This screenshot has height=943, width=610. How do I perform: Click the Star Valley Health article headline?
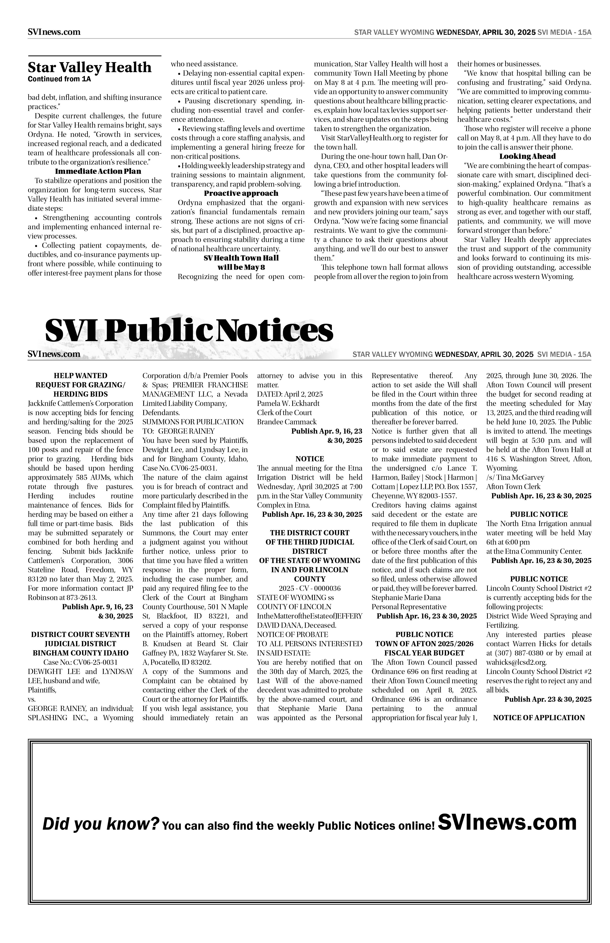tap(89, 67)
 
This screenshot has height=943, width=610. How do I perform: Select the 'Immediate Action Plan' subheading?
tap(98, 171)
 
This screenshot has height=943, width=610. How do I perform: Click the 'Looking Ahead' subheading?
tap(527, 156)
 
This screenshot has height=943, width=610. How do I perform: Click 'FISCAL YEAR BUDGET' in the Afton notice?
tap(424, 653)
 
